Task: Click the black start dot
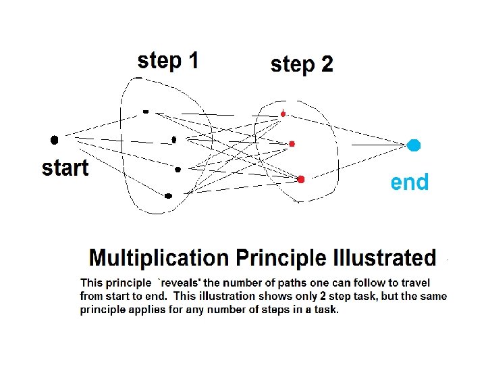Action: [55, 140]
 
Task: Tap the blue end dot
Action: [414, 145]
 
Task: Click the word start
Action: [65, 168]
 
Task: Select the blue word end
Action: [410, 182]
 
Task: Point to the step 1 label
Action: [167, 61]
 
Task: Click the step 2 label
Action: [301, 64]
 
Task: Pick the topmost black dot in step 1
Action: [146, 112]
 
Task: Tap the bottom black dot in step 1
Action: [169, 196]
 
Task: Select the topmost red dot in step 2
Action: [283, 114]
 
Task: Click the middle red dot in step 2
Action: [292, 143]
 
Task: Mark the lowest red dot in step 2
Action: [301, 179]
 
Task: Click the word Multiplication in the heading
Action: [159, 258]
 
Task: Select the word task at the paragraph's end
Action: [327, 310]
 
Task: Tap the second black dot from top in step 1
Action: [174, 140]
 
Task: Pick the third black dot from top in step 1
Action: [178, 170]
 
